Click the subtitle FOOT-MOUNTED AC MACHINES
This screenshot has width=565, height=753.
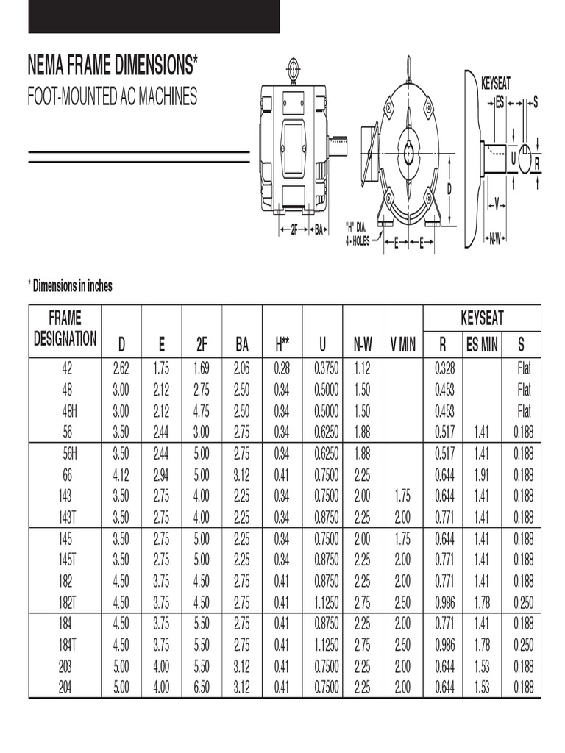(113, 97)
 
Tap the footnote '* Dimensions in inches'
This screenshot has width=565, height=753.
(71, 287)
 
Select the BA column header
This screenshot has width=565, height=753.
(242, 343)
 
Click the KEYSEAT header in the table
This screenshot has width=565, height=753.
(482, 318)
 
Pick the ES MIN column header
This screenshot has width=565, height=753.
(482, 343)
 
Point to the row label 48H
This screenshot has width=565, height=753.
(67, 410)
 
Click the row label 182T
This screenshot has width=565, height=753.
(67, 603)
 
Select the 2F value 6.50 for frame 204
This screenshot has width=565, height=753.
(202, 688)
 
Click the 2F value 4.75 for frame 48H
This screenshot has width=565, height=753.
(202, 410)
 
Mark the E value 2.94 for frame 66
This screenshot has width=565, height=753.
(161, 474)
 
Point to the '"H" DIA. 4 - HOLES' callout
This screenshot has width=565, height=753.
(358, 234)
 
